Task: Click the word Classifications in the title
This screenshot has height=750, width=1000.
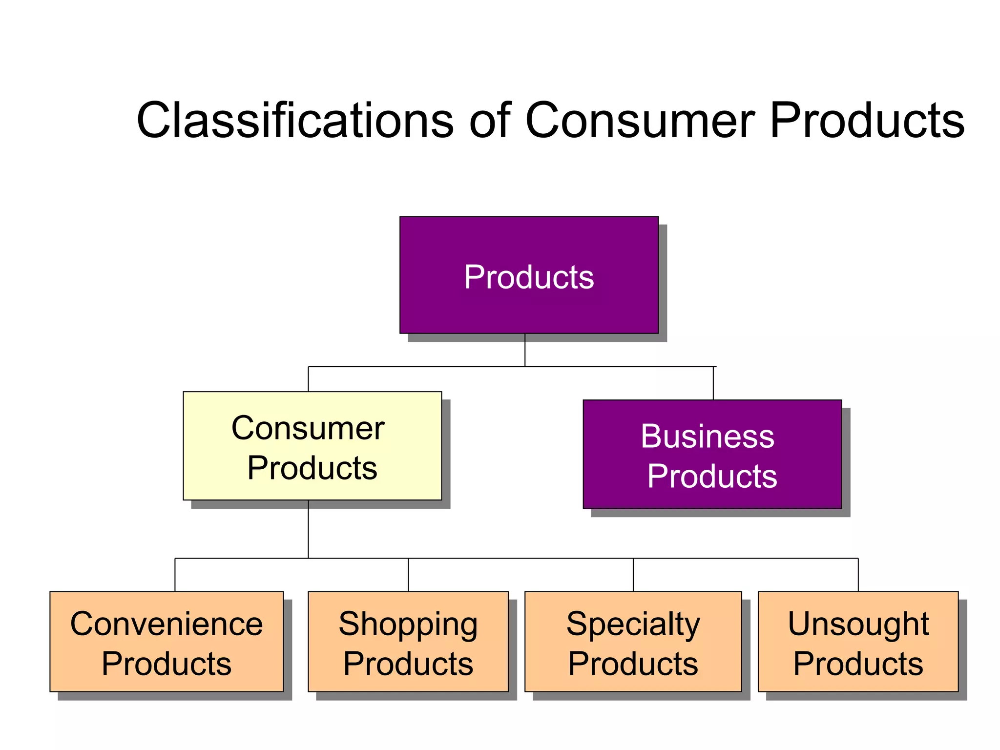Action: (295, 121)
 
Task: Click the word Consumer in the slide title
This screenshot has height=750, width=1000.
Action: (640, 121)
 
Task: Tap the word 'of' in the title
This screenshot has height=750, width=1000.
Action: (489, 121)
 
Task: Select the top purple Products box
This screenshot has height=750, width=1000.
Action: (529, 275)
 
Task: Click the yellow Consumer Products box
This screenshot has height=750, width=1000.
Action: (312, 446)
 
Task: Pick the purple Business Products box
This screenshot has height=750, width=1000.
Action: (712, 454)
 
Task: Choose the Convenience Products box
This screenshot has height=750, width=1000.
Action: (166, 642)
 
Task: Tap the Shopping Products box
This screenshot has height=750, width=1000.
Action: (408, 642)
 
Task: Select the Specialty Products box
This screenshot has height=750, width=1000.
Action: (633, 642)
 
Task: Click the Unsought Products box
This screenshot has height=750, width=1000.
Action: (858, 642)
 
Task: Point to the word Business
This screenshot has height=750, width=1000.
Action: (708, 436)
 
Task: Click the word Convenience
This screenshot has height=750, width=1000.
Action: (166, 624)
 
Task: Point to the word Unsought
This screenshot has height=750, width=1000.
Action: (858, 624)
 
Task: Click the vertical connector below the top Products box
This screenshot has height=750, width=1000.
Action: (525, 350)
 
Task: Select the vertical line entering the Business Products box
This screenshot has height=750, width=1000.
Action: (713, 383)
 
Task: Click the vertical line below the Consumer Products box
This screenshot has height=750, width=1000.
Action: (308, 529)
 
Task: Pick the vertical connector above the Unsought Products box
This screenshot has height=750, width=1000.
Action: (858, 575)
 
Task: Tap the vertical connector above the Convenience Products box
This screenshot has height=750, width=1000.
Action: (175, 575)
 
